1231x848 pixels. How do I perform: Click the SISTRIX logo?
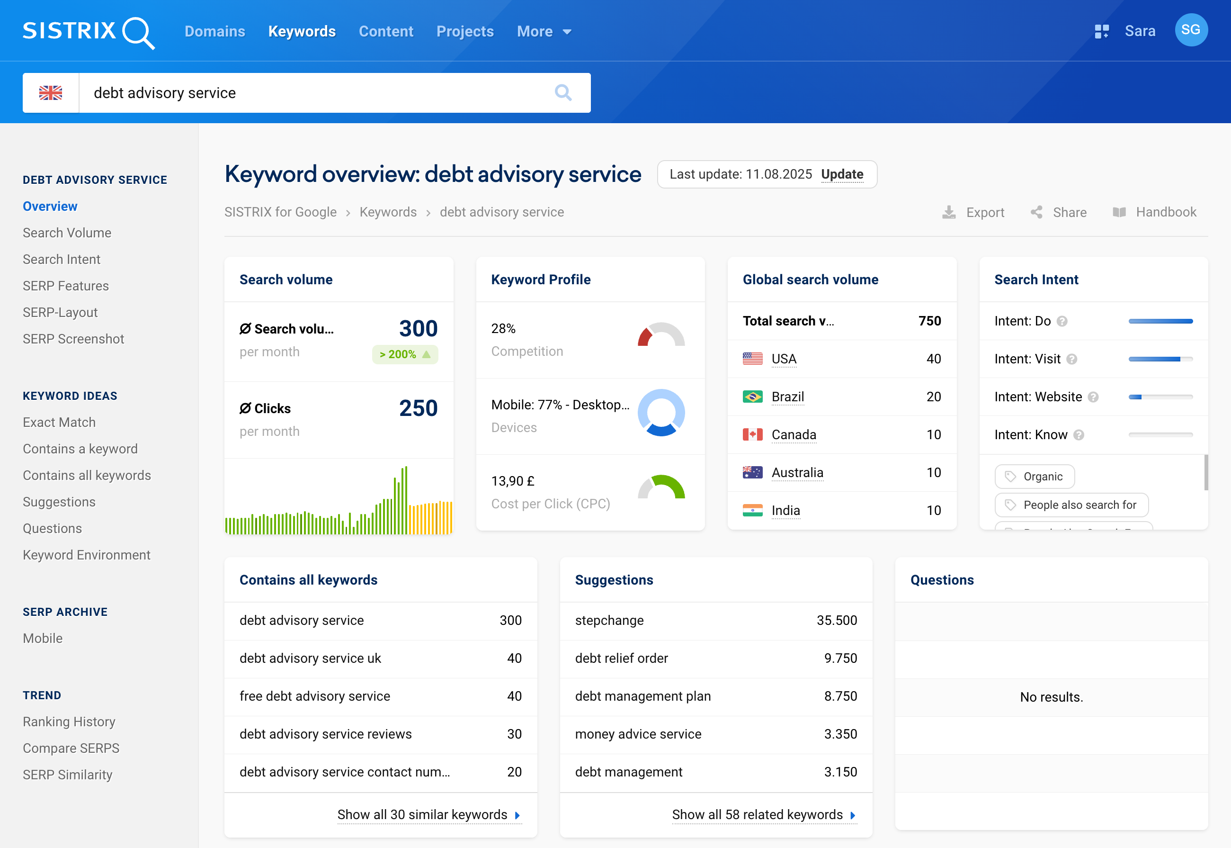coord(88,31)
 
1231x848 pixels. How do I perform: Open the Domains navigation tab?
coord(214,31)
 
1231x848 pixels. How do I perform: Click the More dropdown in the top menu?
coord(544,31)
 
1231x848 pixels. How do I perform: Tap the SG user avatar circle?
coord(1191,30)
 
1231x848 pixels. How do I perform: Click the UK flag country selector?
coord(51,93)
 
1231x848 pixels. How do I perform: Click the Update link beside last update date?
coord(842,174)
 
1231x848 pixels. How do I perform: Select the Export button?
coord(973,213)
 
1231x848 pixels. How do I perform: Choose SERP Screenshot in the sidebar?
coord(73,339)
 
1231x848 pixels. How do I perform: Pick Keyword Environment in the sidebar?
coord(87,555)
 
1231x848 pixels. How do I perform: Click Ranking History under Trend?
coord(69,722)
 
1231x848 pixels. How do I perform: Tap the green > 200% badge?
coord(405,354)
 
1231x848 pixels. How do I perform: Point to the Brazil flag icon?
coord(752,397)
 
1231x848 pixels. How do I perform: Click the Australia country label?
coord(797,473)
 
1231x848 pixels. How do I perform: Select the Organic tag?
coord(1035,477)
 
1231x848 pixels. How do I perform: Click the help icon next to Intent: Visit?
coord(1072,360)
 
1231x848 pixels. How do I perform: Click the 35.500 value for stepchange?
coord(837,621)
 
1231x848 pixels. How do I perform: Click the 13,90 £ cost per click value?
coord(512,481)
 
